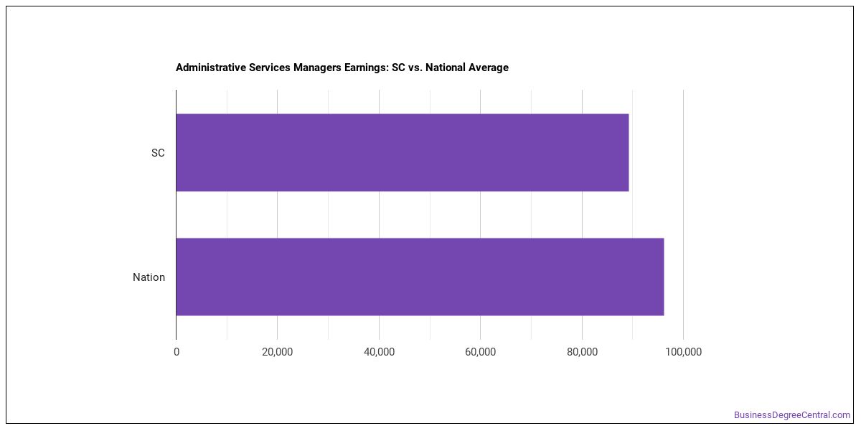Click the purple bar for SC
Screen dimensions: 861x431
[x=403, y=152]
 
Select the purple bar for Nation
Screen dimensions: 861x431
[x=420, y=277]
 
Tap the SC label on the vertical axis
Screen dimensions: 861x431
[x=158, y=153]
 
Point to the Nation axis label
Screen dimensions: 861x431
[x=149, y=277]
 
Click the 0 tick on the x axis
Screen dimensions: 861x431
[x=177, y=352]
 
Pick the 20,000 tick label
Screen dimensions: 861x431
[x=277, y=352]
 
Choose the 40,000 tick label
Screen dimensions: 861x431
[x=379, y=352]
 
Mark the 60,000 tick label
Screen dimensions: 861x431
[x=480, y=352]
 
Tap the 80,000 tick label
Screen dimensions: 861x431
[x=582, y=352]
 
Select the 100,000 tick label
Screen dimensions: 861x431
[x=683, y=352]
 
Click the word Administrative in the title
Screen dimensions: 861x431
[x=211, y=68]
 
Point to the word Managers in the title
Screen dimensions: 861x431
[x=317, y=68]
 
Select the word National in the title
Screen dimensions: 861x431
[x=445, y=68]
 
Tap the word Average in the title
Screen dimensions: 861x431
[x=488, y=68]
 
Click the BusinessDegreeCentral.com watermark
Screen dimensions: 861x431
[x=792, y=415]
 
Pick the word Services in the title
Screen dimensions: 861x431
[x=270, y=68]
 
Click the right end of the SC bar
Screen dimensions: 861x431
[x=629, y=152]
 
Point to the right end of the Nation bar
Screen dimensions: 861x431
[x=664, y=277]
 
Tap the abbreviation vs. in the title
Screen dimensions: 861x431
[x=415, y=68]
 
